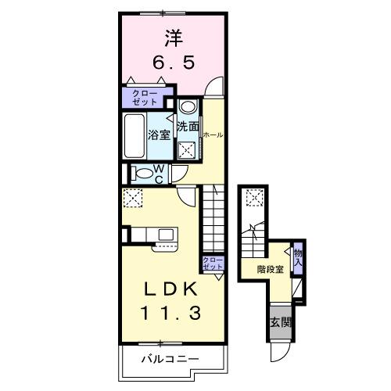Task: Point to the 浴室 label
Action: click(x=160, y=134)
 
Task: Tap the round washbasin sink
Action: click(x=188, y=108)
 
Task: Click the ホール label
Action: click(x=213, y=135)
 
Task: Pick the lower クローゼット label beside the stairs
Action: click(x=212, y=264)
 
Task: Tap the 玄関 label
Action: click(x=279, y=323)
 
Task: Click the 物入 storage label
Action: click(x=298, y=256)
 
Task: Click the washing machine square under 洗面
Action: click(x=188, y=150)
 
